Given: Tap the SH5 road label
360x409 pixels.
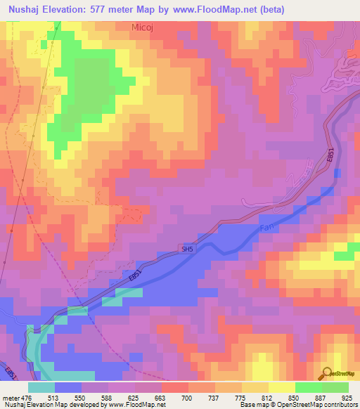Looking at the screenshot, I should pos(186,248).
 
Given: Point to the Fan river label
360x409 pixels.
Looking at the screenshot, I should pos(266,228).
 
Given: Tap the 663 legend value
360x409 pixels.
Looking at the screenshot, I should pos(160,398).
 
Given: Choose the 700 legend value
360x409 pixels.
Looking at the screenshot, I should pos(186,398).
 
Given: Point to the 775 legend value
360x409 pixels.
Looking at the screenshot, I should pos(240,398).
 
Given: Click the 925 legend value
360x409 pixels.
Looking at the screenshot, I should pos(347,398).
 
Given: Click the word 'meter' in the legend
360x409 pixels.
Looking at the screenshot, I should pos(11,398).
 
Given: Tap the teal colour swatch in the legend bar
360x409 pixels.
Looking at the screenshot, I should pos(41,387).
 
